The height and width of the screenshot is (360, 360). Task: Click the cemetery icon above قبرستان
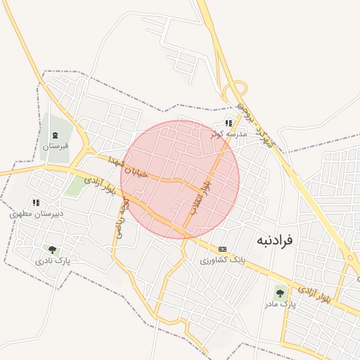pyautogui.click(x=56, y=135)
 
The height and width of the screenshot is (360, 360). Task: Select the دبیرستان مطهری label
pyautogui.click(x=37, y=213)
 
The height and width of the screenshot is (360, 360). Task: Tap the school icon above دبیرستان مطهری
pyautogui.click(x=36, y=202)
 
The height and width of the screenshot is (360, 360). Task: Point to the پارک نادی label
pyautogui.click(x=53, y=260)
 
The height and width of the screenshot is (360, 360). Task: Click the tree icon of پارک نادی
pyautogui.click(x=51, y=249)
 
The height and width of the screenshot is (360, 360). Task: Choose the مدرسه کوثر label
pyautogui.click(x=229, y=133)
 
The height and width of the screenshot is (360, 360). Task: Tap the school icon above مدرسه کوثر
pyautogui.click(x=228, y=122)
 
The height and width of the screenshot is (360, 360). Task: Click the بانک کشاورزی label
pyautogui.click(x=222, y=259)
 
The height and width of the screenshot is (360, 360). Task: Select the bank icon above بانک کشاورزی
pyautogui.click(x=223, y=249)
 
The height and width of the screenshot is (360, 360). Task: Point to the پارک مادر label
pyautogui.click(x=281, y=304)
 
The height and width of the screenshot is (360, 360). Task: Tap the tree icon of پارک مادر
pyautogui.click(x=280, y=292)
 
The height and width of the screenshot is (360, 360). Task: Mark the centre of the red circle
pyautogui.click(x=180, y=179)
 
